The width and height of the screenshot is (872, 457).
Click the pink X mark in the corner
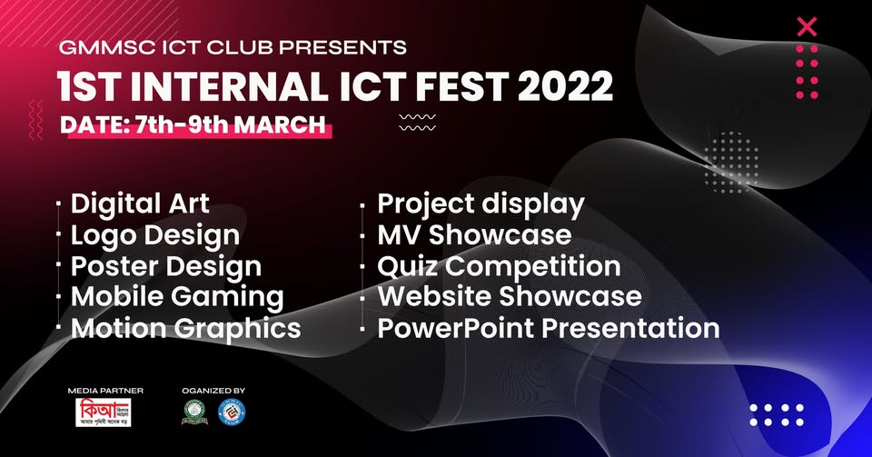tap(806, 27)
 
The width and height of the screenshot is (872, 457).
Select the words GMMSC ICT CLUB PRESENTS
tap(232, 46)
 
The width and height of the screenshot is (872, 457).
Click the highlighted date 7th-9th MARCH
tap(193, 124)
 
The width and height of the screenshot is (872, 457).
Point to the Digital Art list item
tap(140, 203)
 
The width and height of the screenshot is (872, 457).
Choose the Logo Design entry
tap(155, 234)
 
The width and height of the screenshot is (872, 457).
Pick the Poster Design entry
tap(166, 266)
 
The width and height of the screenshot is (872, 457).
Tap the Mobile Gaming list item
tap(177, 297)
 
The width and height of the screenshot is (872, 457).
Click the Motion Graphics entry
tap(185, 328)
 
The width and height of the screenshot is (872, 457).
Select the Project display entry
tap(481, 204)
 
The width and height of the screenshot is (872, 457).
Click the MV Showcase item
tap(474, 235)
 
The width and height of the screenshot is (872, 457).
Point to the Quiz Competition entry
tap(499, 266)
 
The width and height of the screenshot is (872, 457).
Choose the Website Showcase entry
tap(510, 296)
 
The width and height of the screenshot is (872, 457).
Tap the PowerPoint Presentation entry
tap(549, 327)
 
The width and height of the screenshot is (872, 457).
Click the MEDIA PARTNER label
tap(105, 390)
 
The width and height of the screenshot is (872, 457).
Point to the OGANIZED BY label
tap(213, 390)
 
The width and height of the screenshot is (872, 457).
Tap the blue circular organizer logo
tap(232, 412)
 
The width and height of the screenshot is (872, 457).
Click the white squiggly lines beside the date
tap(417, 123)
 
